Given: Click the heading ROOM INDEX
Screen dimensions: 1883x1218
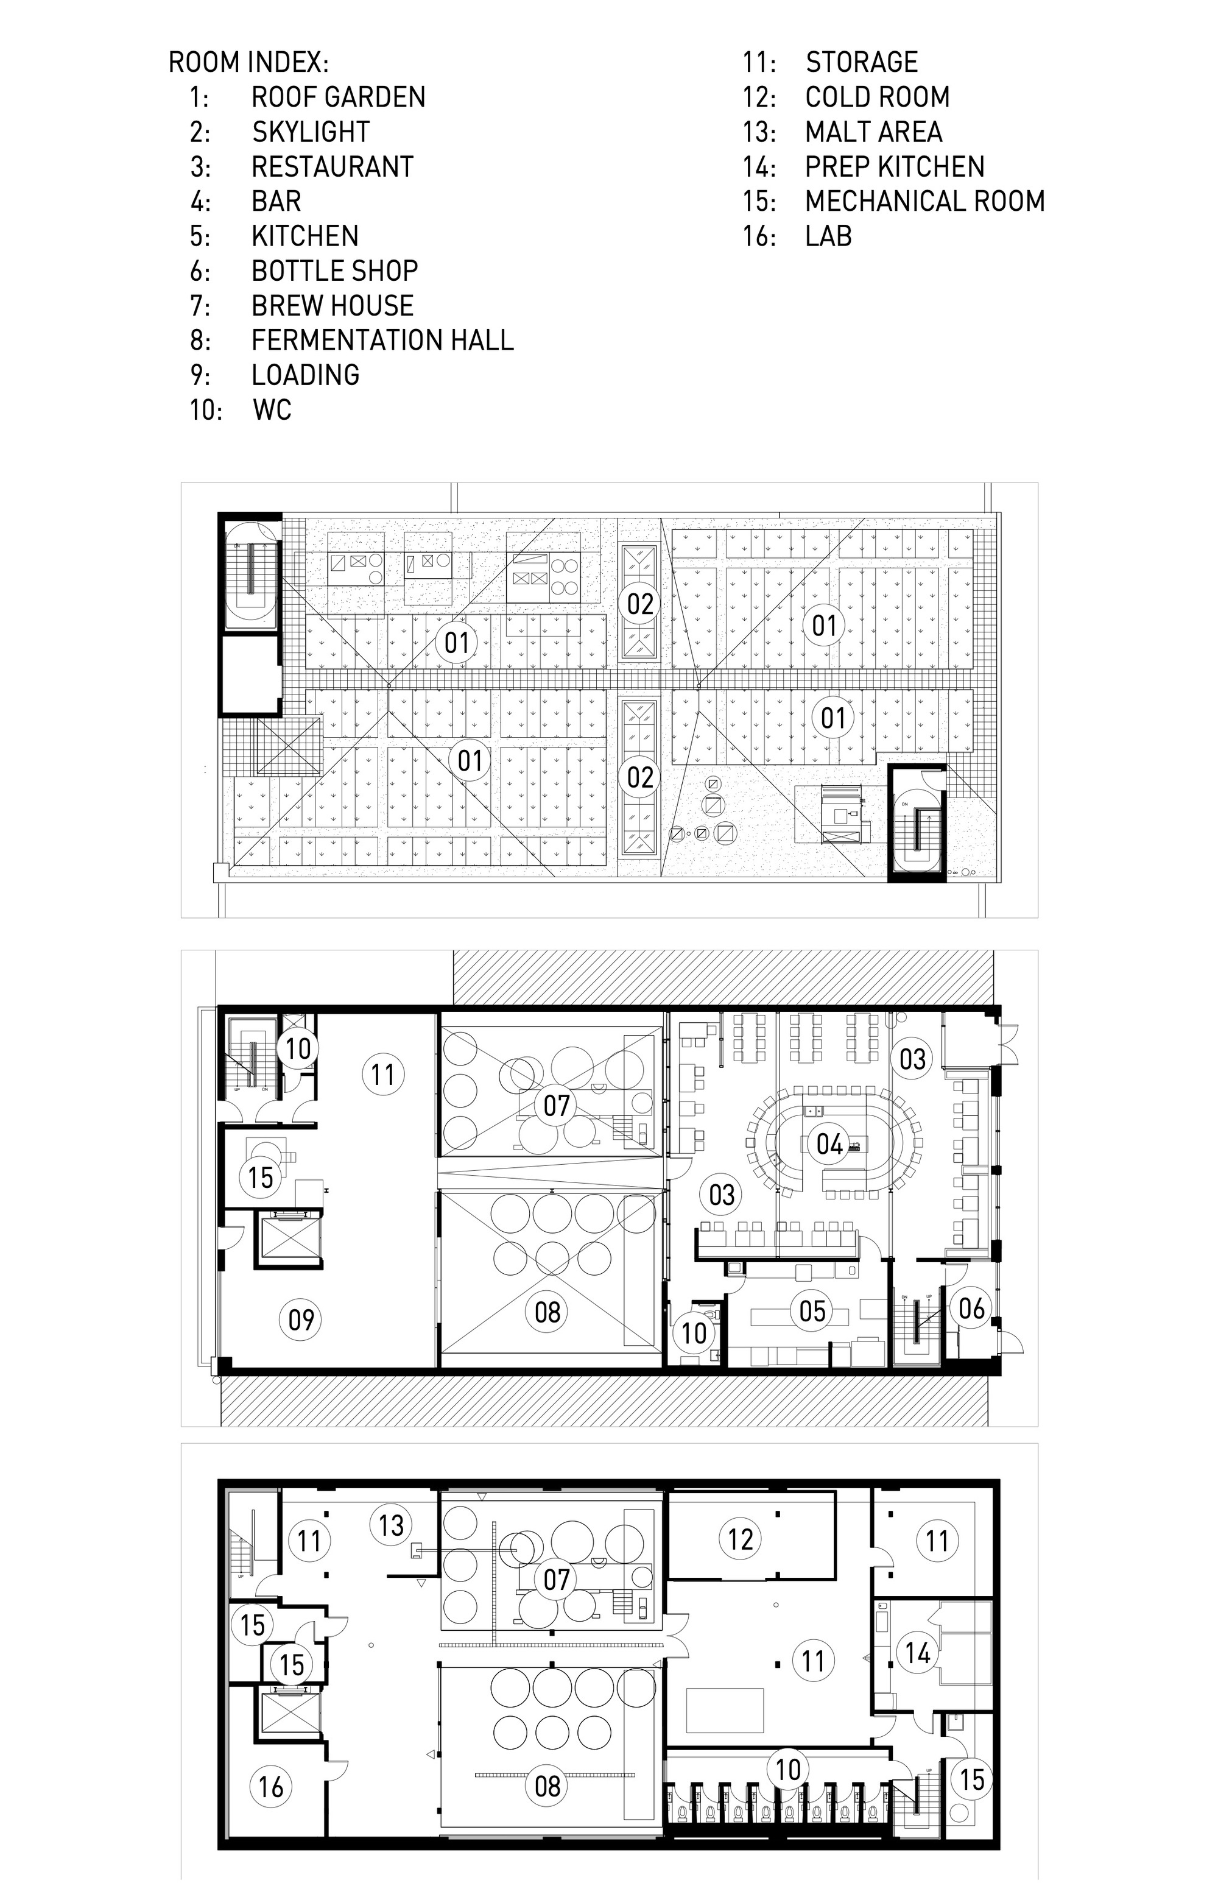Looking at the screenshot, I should click(248, 63).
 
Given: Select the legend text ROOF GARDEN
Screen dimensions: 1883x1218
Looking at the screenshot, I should click(338, 97).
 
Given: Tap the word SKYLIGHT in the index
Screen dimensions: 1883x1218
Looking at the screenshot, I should click(311, 132).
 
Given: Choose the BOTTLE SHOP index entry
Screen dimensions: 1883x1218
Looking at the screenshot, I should click(334, 270).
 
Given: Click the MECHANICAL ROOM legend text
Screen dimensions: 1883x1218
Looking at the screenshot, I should click(924, 201).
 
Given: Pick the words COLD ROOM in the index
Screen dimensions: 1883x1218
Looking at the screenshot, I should click(877, 97).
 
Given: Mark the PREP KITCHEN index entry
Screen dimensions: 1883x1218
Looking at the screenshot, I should click(895, 167).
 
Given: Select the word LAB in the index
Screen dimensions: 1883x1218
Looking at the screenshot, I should click(828, 236).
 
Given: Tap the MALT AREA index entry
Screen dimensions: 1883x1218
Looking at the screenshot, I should click(873, 132).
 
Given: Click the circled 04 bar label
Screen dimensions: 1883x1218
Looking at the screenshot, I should click(829, 1144).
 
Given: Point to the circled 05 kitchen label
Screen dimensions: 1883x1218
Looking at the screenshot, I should click(812, 1311).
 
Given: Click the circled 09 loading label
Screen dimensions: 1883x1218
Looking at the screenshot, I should click(301, 1319).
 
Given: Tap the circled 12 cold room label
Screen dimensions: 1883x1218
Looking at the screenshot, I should click(741, 1539).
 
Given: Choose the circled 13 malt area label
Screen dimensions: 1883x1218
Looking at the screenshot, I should click(391, 1525).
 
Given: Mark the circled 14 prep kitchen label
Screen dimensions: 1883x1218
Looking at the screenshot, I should click(917, 1653).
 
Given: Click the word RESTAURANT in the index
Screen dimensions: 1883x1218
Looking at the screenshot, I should click(332, 167).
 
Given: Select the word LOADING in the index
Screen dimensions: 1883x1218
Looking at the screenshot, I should click(305, 375).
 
